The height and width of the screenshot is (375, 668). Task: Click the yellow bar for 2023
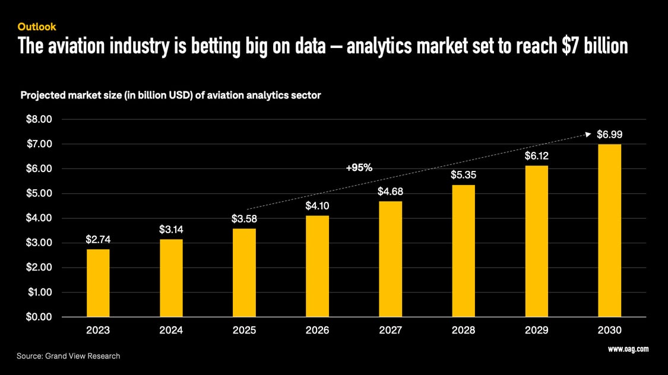click(x=98, y=283)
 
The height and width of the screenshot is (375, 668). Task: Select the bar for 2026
click(x=317, y=266)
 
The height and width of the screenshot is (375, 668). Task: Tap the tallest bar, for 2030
click(x=609, y=230)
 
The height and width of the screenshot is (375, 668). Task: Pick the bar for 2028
click(x=463, y=250)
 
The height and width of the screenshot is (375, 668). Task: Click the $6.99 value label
click(x=609, y=135)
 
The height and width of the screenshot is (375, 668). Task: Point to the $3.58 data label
click(x=244, y=219)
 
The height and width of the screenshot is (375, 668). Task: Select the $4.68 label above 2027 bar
click(x=390, y=192)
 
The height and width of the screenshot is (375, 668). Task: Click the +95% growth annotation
click(x=359, y=168)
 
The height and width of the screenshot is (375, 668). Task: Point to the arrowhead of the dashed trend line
click(x=590, y=134)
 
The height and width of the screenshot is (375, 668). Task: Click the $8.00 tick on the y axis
click(x=39, y=119)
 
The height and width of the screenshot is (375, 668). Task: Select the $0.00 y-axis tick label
click(x=39, y=317)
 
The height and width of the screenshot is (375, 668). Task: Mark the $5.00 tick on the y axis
click(x=39, y=193)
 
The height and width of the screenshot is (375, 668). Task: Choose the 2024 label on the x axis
click(x=171, y=330)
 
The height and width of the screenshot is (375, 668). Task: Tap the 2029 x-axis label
click(x=536, y=330)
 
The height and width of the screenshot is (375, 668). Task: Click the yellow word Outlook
click(x=37, y=27)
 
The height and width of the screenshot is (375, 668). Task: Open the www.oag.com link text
click(x=628, y=349)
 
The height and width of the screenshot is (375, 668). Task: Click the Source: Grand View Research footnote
click(x=68, y=356)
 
